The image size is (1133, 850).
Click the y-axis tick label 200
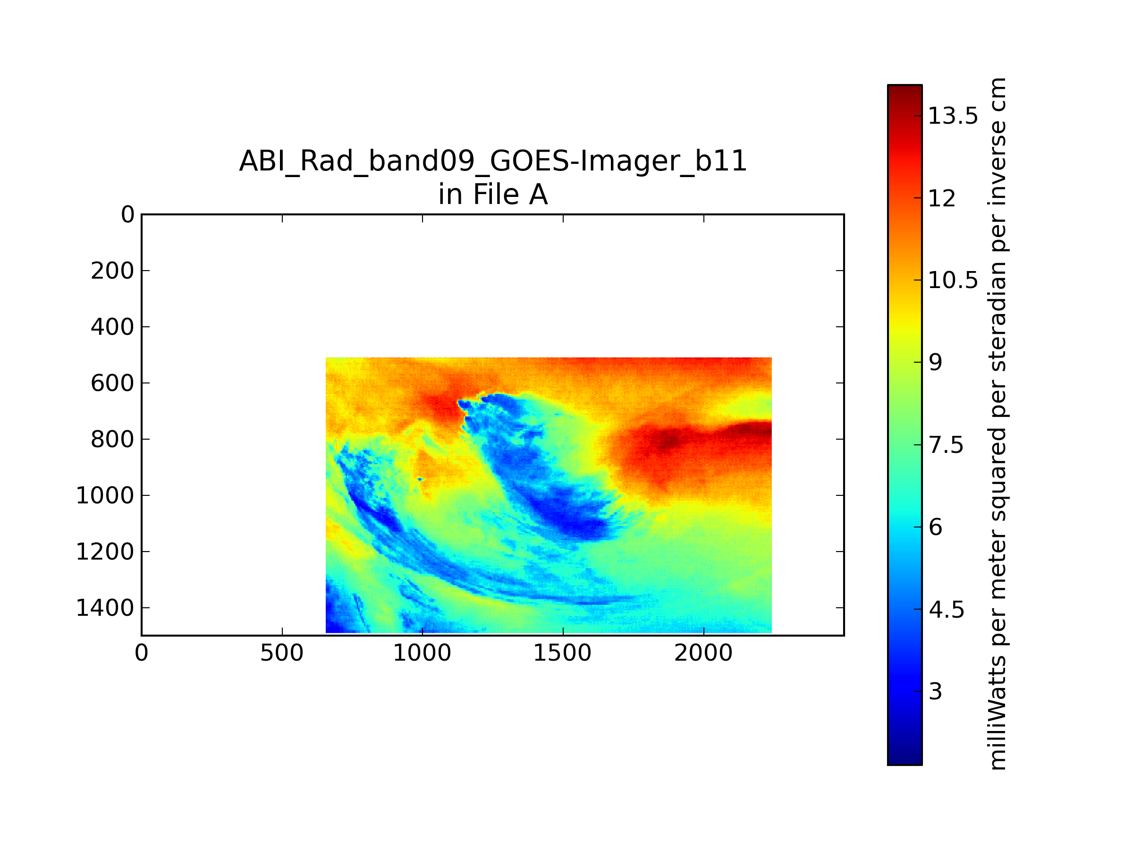112,271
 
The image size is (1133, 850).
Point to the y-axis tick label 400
112,327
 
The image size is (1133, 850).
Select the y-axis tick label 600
112,383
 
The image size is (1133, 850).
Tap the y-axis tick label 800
112,440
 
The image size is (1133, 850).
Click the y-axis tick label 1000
105,495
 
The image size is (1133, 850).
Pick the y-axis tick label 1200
105,552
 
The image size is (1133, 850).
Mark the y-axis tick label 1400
105,608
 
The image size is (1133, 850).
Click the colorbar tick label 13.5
953,116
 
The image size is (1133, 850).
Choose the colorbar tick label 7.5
946,445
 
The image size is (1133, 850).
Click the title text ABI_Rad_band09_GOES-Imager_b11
493,161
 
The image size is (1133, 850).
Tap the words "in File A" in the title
493,195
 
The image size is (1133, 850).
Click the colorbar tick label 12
941,199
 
